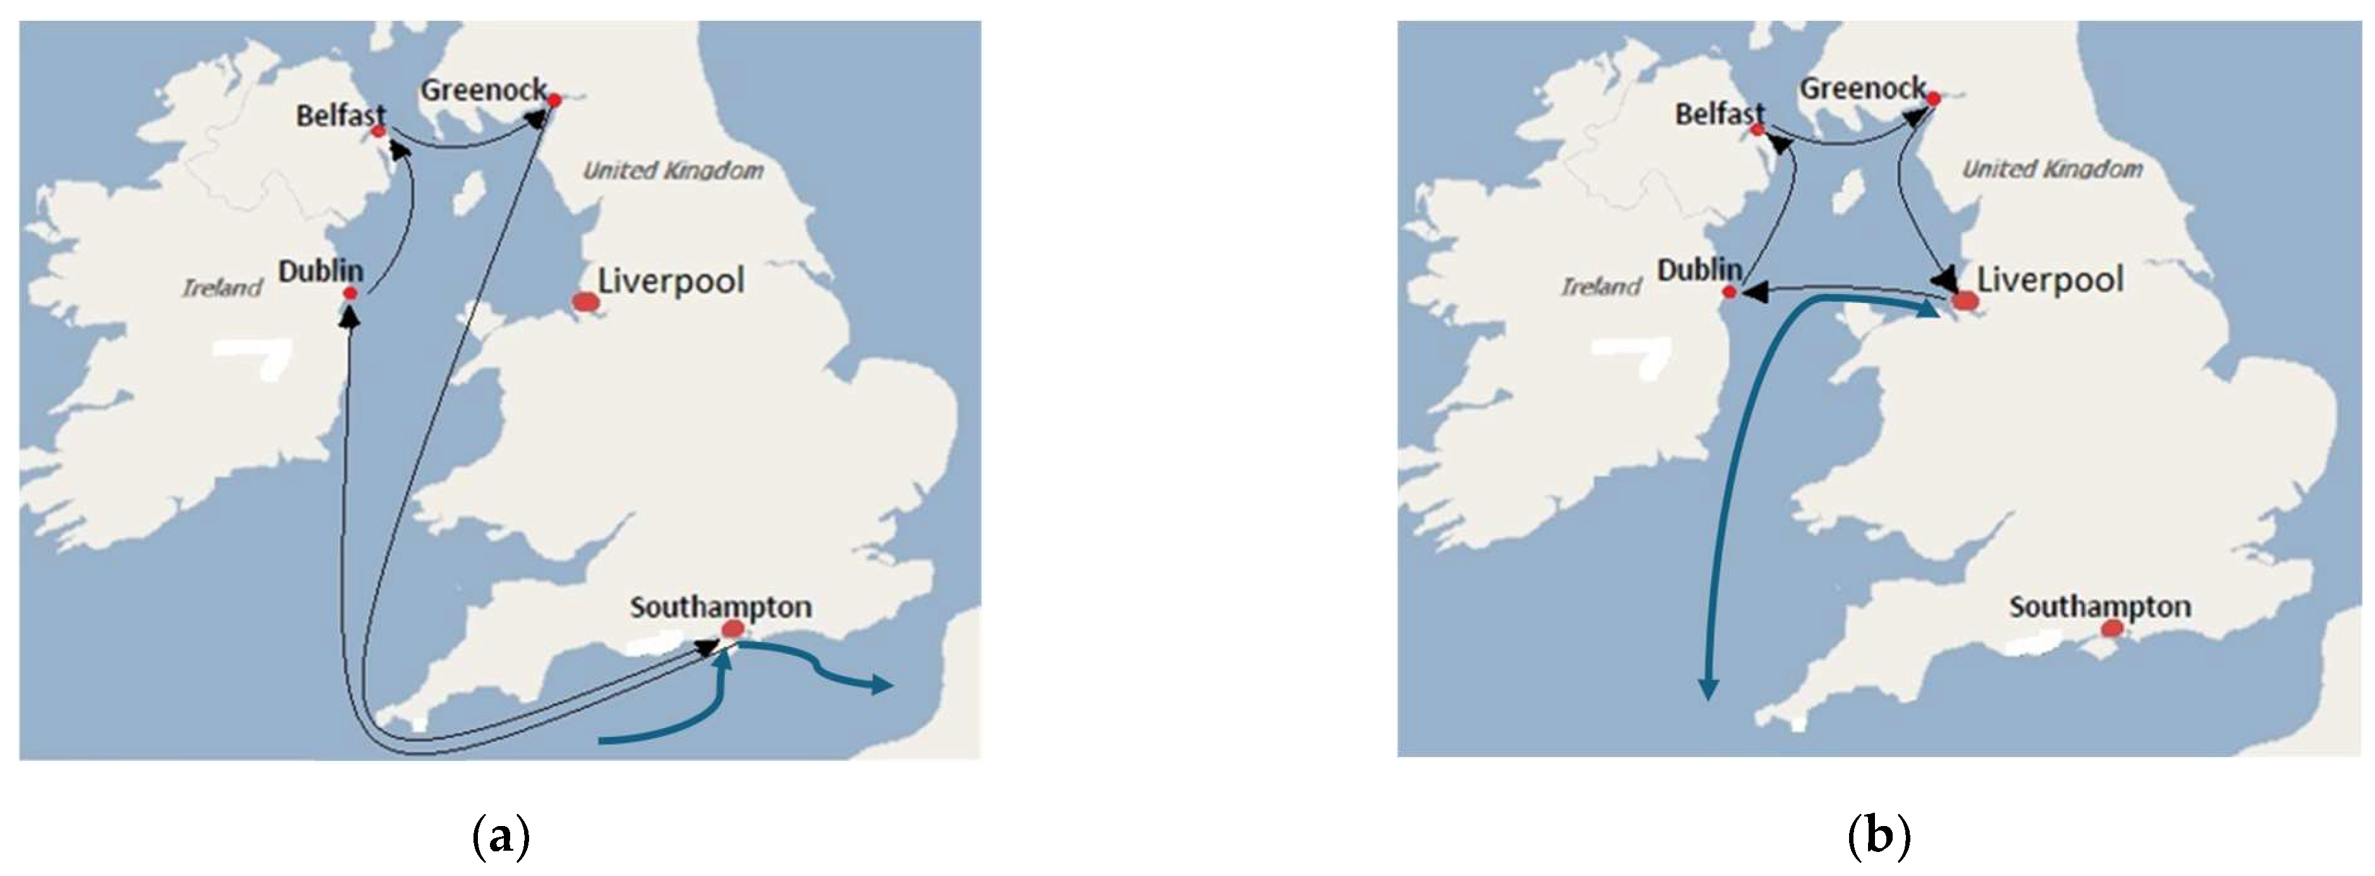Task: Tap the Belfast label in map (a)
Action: point(340,116)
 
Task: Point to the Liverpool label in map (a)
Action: point(671,280)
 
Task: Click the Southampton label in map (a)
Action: point(721,607)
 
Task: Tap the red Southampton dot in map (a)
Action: point(733,629)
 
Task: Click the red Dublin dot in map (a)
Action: point(350,293)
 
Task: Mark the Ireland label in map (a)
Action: point(222,288)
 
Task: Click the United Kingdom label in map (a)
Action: point(673,171)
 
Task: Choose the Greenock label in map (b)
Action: point(1862,89)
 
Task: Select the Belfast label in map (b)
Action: point(1719,114)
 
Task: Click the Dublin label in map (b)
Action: point(1699,270)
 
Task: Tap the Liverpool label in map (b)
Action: point(2051,280)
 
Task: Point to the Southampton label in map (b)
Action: point(2100,607)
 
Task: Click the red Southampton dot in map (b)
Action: point(2112,628)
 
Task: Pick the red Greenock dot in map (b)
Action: point(1933,98)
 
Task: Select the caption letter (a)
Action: point(501,837)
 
